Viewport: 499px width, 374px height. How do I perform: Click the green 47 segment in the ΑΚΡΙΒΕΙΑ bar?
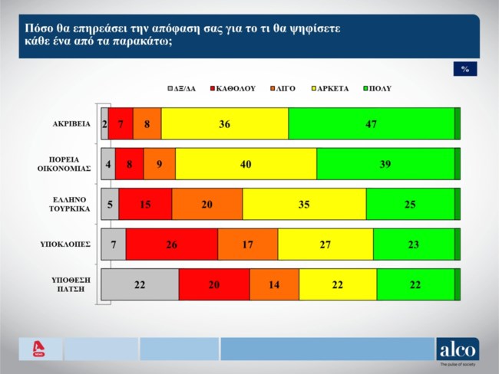372,123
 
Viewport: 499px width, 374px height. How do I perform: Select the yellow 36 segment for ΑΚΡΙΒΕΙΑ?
225,123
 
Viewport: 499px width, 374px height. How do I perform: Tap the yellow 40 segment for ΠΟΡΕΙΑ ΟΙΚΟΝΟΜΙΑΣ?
246,163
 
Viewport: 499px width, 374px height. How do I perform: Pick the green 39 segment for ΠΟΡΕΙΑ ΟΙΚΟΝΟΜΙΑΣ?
385,163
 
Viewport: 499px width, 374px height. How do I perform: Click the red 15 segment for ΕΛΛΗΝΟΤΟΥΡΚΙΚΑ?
145,204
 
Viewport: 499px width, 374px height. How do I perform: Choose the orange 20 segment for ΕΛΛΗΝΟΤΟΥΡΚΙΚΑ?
207,204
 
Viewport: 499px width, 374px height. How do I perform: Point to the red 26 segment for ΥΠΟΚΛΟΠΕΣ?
171,244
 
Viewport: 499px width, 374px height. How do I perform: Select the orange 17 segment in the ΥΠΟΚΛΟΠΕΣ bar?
247,244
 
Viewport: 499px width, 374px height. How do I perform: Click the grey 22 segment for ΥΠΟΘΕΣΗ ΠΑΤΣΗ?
140,284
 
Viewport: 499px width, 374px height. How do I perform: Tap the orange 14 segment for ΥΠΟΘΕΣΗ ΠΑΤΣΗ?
274,284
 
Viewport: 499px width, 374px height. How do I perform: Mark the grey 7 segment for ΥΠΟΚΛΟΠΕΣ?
114,244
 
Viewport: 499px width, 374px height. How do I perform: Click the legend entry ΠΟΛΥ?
376,89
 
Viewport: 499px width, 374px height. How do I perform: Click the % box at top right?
465,68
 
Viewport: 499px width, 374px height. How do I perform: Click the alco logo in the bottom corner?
457,349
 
